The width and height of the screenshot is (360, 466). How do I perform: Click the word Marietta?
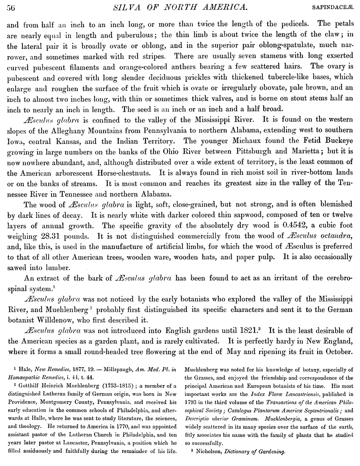pyautogui.click(x=292, y=152)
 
